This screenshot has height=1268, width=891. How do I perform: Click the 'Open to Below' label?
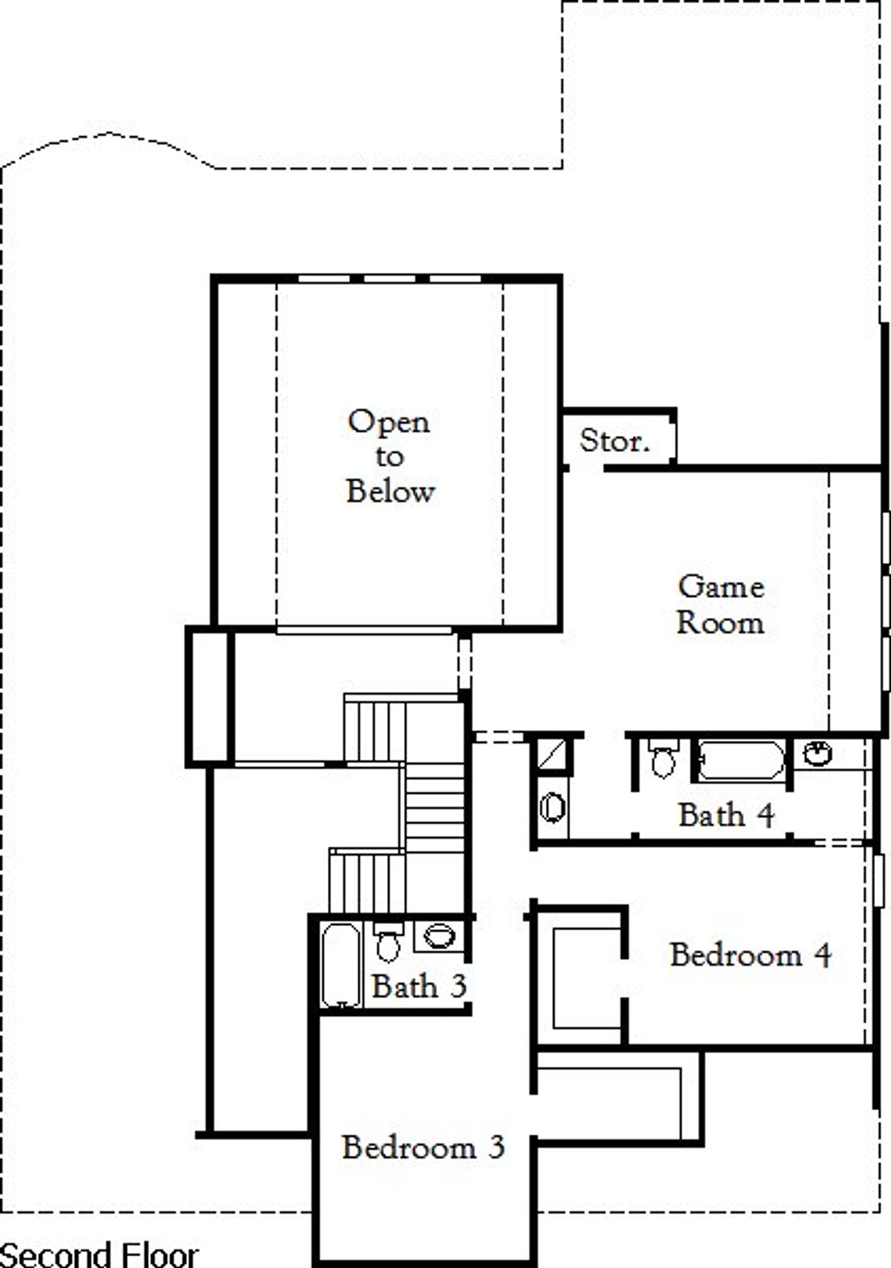coord(390,456)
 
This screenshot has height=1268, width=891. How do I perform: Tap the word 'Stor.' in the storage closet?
coord(615,440)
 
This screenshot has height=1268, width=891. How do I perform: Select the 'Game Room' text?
coord(720,604)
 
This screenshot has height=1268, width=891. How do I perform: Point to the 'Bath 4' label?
coord(726,815)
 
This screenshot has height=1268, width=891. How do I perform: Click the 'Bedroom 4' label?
coord(750,955)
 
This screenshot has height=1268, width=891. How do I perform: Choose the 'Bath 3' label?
coord(418,986)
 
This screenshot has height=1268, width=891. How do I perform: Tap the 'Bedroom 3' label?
coord(423,1147)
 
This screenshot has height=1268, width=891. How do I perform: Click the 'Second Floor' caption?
coord(99,1254)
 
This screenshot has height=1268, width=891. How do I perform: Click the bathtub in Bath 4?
coord(741,760)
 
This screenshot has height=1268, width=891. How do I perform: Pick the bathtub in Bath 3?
coord(341,964)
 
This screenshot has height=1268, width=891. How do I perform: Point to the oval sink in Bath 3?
coord(439,935)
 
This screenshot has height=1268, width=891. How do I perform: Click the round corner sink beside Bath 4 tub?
coord(817,753)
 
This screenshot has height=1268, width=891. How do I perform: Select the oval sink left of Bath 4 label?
coord(553,808)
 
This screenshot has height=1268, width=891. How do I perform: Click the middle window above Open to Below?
coord(390,279)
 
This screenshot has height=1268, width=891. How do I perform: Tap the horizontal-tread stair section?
coord(434,808)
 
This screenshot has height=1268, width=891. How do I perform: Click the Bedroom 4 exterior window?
coord(878,880)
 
